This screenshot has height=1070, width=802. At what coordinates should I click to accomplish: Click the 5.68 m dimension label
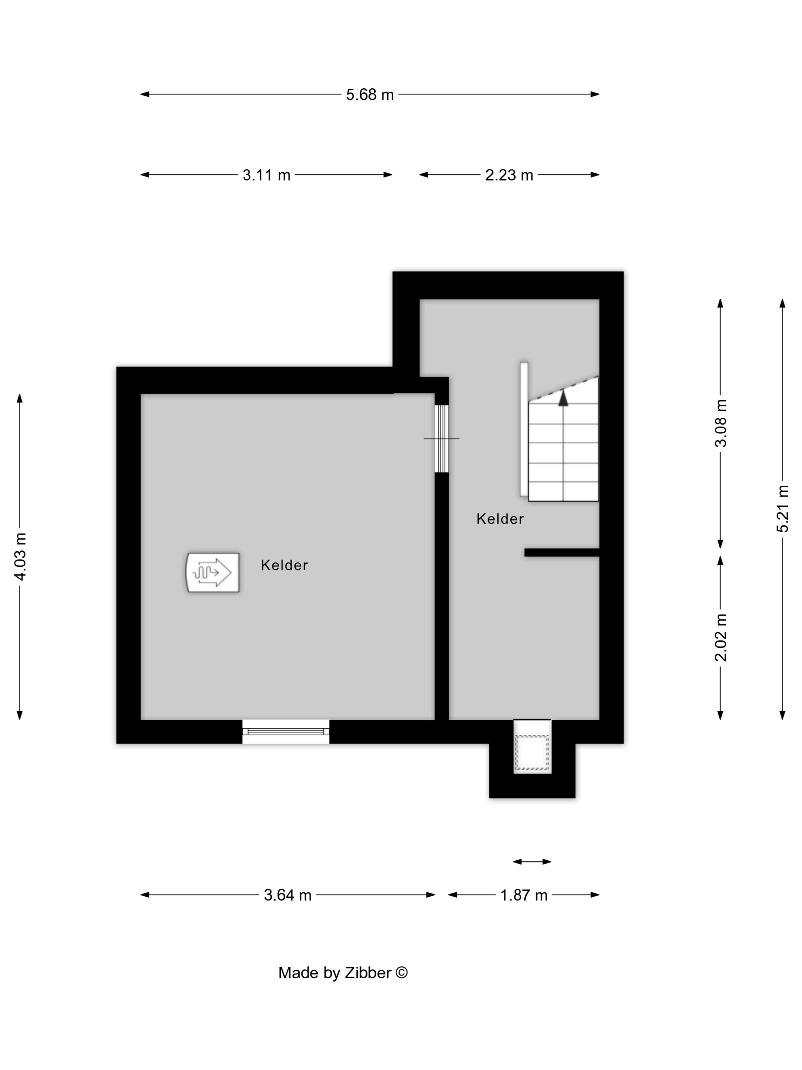[x=370, y=95]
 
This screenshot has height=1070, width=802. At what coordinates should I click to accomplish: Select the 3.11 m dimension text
[x=266, y=175]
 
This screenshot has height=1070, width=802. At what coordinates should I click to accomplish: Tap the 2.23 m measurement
[x=509, y=175]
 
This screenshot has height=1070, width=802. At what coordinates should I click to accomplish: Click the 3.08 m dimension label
[x=721, y=423]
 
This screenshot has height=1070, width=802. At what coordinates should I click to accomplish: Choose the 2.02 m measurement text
[x=721, y=637]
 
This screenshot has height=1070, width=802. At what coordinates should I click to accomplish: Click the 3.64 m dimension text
[x=288, y=895]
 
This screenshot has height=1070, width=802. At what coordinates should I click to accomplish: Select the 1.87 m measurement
[x=524, y=895]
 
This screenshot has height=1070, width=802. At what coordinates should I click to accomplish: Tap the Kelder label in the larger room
[x=284, y=565]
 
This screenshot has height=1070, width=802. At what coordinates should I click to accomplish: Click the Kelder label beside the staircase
[x=500, y=519]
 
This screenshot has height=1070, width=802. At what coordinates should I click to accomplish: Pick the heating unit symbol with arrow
[x=213, y=572]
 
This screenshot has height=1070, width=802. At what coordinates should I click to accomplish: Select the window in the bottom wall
[x=286, y=731]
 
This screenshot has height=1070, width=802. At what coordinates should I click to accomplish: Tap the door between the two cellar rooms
[x=441, y=438]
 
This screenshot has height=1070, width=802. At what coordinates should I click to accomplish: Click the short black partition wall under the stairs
[x=562, y=553]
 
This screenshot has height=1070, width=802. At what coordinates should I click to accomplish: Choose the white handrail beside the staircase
[x=524, y=429]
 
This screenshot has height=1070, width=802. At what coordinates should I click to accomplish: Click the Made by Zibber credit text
[x=343, y=973]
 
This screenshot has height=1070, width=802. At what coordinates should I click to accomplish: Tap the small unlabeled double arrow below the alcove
[x=532, y=861]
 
